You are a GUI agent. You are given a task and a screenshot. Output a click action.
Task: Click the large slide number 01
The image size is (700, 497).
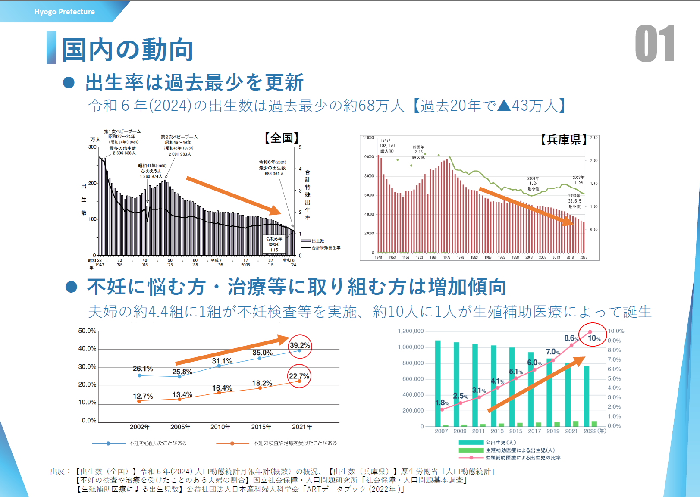point(654,44)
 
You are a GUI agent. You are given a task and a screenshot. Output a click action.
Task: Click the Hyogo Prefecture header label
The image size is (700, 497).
point(65,12)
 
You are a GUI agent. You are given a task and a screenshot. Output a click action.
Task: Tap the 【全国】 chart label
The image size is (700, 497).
point(282,138)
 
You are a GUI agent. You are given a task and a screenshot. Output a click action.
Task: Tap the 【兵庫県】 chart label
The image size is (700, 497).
point(564,140)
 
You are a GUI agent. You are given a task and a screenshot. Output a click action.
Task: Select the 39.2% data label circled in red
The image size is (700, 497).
point(300,345)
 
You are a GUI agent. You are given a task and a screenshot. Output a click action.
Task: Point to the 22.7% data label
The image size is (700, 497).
point(299,376)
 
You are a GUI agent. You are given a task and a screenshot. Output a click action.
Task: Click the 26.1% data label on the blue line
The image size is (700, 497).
point(143,369)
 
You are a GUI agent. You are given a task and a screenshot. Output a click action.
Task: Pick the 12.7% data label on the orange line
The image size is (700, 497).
point(143,396)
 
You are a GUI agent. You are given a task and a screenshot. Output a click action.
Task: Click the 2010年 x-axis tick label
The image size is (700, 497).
point(220,427)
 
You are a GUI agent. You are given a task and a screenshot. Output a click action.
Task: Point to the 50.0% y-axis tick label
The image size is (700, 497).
point(87,331)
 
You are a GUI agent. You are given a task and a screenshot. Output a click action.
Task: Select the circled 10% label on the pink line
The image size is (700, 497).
point(594,338)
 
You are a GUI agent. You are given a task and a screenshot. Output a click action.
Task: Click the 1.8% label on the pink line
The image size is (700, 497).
point(442,403)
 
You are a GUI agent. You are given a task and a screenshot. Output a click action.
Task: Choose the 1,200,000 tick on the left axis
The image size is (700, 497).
point(411,331)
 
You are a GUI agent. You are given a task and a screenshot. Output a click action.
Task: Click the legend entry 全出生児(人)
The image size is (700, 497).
point(500,442)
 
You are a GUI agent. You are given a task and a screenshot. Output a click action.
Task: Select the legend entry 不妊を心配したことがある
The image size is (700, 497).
point(157,443)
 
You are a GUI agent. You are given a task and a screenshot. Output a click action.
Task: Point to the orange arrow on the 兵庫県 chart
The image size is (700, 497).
point(526,206)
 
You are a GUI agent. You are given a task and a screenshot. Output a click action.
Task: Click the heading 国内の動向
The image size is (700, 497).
point(127,49)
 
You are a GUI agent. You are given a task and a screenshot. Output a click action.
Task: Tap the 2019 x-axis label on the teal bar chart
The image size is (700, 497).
point(553,431)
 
